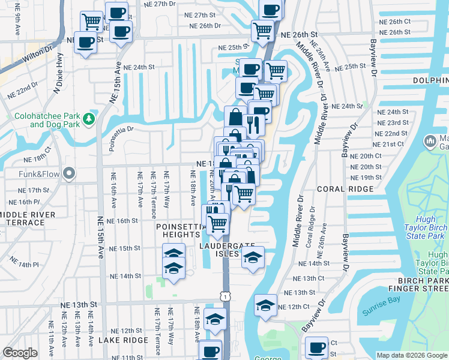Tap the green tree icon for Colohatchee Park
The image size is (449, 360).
89,119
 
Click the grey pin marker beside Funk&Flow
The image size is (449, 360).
69,174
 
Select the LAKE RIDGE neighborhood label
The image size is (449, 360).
122,340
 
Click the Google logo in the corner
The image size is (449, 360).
20,353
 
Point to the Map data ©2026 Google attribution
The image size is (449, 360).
412,355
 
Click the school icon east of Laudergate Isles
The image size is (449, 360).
253,258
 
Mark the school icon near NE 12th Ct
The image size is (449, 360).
265,305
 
